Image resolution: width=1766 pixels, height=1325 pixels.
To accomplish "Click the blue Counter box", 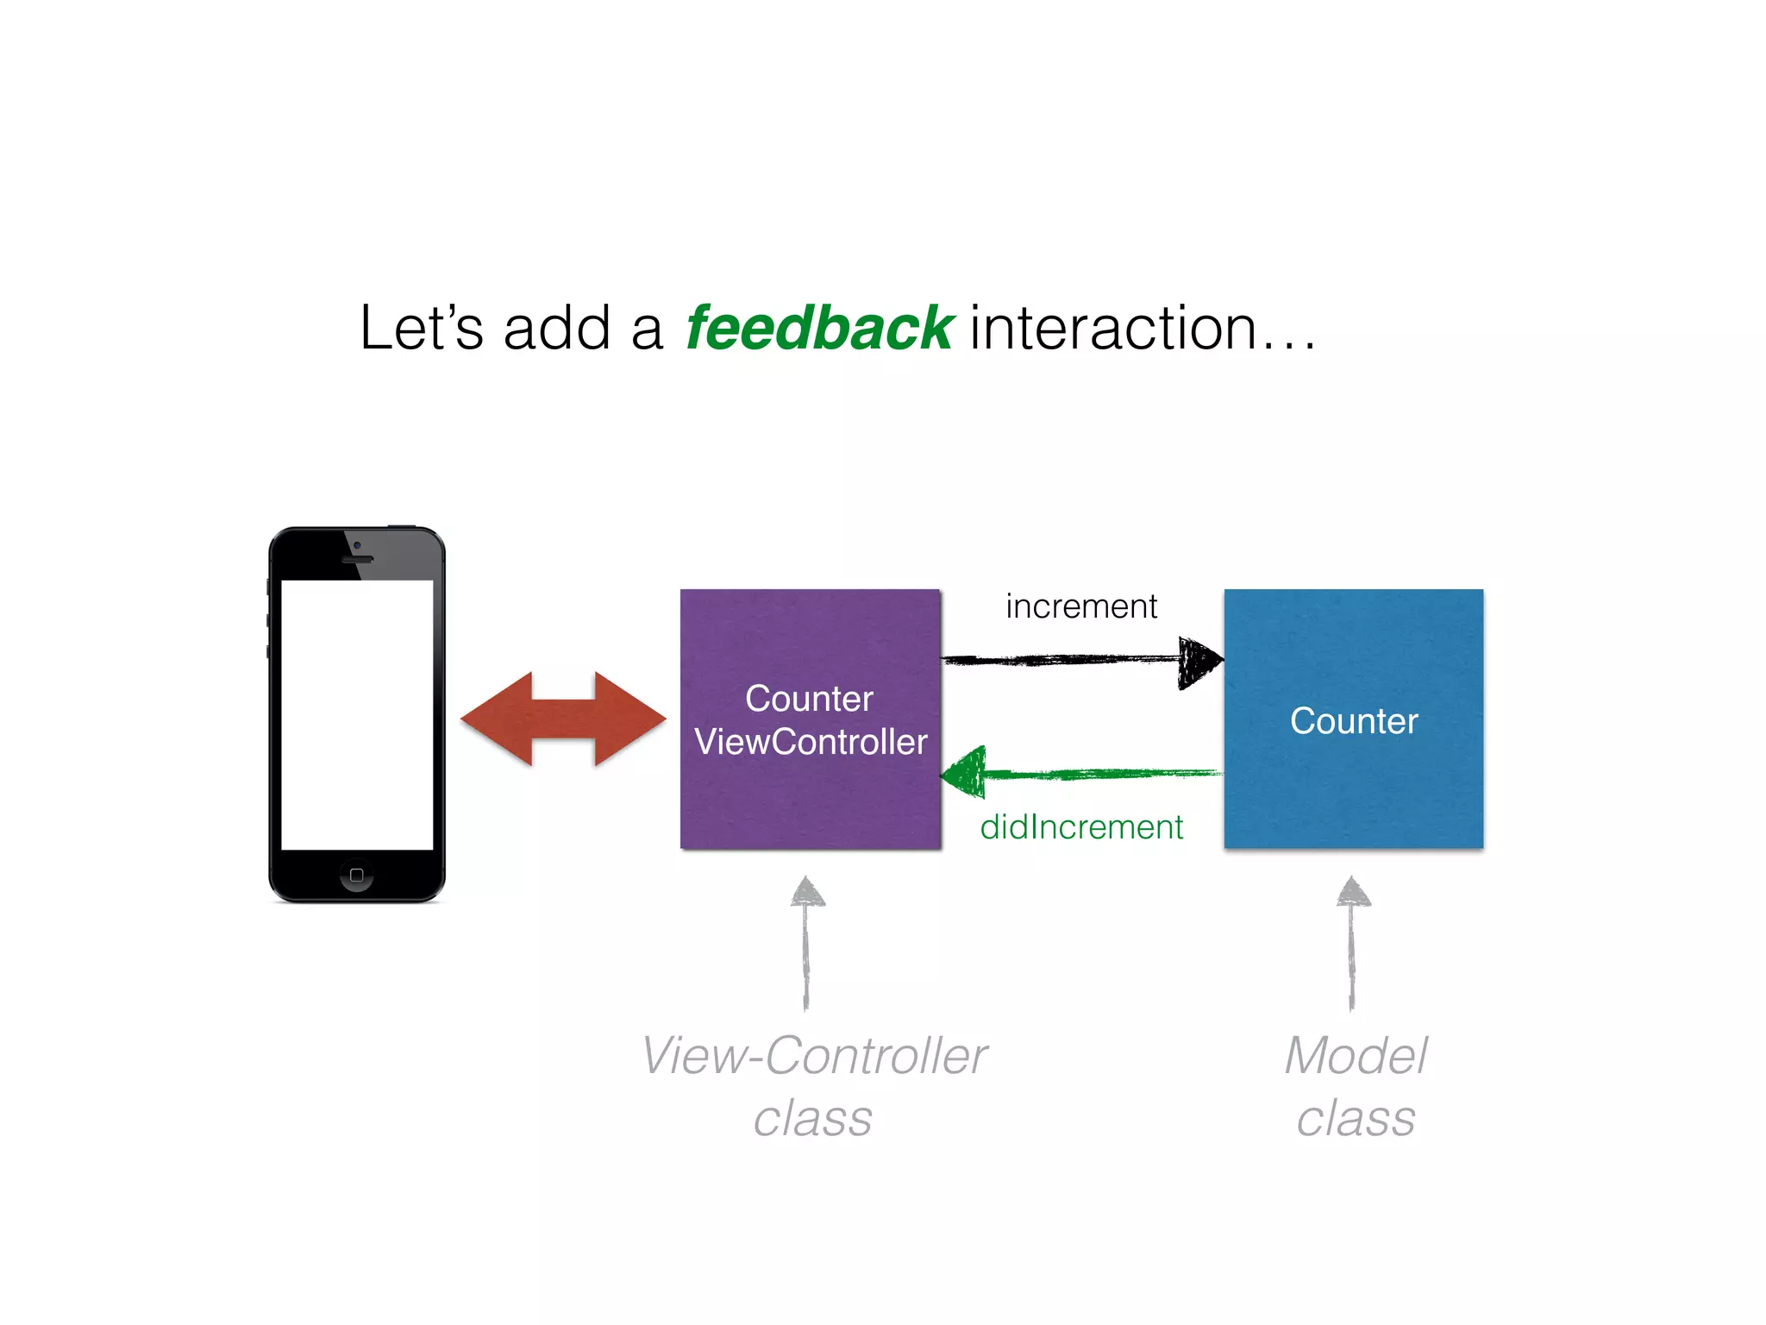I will (1354, 785).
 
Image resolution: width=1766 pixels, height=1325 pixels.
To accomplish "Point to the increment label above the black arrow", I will (1081, 606).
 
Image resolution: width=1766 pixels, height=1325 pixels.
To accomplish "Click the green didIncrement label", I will (1081, 827).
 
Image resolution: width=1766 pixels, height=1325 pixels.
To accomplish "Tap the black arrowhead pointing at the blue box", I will (1199, 662).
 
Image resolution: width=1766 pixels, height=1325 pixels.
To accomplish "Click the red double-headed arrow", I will (563, 719).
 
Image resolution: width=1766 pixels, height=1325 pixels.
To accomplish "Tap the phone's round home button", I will (356, 876).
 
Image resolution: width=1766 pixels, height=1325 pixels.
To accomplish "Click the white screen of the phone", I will (357, 714).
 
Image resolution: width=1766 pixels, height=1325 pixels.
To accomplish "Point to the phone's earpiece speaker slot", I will (357, 560).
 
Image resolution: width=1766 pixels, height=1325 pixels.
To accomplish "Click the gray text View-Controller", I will (814, 1056).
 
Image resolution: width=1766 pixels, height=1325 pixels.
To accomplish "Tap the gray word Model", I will (1356, 1056).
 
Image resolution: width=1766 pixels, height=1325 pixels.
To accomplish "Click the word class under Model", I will (1356, 1120).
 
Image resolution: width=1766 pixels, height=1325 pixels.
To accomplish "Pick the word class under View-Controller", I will (812, 1120).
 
